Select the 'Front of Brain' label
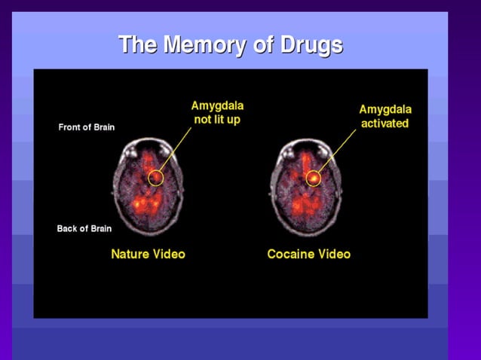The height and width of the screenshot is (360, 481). point(87,127)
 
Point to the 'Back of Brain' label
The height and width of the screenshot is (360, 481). point(84,228)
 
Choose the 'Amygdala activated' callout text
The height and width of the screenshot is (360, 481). point(384,116)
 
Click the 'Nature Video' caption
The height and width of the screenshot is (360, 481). point(148,254)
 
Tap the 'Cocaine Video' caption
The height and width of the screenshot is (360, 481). point(308,254)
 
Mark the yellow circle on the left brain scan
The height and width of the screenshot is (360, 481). point(156,178)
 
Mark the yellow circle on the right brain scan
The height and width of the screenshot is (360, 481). point(314,178)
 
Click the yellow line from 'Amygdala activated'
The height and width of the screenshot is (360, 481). point(337,151)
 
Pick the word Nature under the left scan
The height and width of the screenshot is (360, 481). point(130,254)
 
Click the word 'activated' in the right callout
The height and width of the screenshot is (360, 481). point(384,123)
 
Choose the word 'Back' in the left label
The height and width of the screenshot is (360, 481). point(68,228)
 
